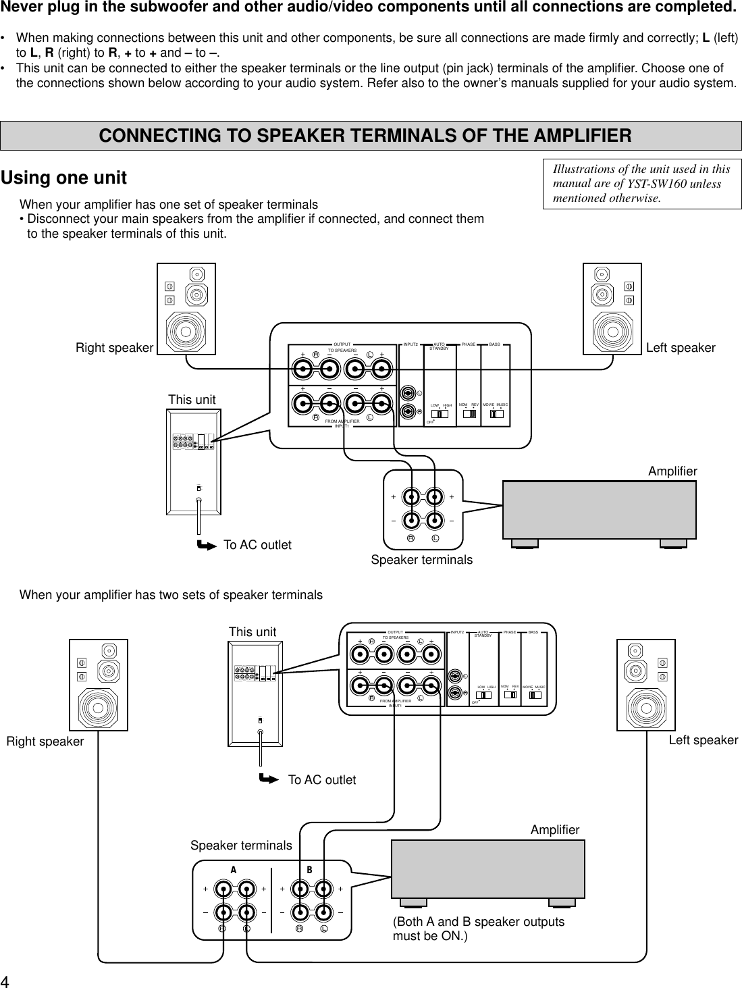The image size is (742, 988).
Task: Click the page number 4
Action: (5, 981)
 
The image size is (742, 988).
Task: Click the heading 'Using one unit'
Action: (64, 178)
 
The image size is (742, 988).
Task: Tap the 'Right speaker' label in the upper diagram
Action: (114, 348)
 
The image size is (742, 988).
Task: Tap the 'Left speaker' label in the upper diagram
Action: (681, 348)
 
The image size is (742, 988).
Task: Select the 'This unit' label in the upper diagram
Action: (192, 400)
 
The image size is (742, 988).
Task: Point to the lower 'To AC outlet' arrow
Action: (269, 779)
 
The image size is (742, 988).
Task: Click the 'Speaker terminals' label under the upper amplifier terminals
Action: (422, 560)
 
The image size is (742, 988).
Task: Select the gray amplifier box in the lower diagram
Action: (488, 868)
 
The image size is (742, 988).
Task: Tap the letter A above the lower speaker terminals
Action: (234, 870)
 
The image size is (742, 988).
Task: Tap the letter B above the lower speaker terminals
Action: (310, 870)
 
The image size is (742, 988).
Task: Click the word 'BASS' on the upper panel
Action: (495, 344)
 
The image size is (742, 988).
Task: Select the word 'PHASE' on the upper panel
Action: (469, 344)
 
